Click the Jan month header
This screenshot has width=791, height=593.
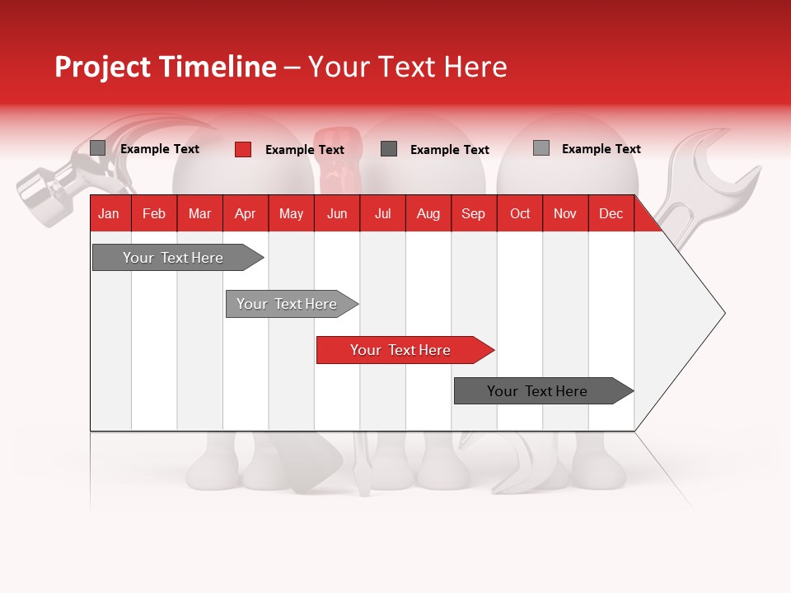(109, 214)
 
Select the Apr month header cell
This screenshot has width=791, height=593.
(245, 214)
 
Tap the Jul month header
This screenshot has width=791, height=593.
(382, 214)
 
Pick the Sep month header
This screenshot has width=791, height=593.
(473, 214)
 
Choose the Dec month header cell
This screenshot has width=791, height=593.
(611, 214)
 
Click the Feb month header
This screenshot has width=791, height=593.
(154, 214)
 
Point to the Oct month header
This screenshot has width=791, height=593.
(520, 214)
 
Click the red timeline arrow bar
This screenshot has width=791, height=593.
(404, 350)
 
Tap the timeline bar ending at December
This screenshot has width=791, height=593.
(542, 391)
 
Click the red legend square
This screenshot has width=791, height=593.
(242, 149)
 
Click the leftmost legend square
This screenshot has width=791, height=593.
(97, 148)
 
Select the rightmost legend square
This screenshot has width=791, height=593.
(541, 148)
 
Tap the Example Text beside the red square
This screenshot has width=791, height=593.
(304, 150)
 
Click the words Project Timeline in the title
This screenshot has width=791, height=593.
(165, 67)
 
